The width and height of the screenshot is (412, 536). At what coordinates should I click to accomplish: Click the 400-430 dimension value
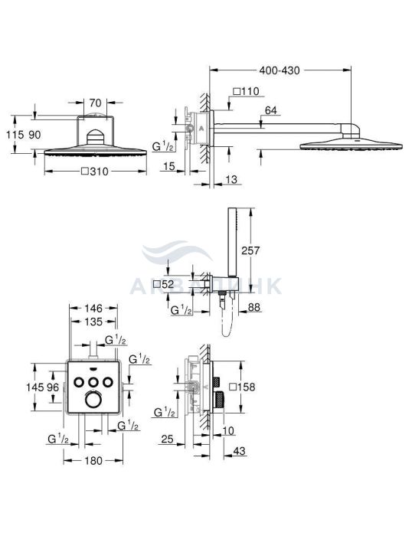tap(279, 70)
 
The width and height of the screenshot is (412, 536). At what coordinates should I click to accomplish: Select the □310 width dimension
tap(95, 172)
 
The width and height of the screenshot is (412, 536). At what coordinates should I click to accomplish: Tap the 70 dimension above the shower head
tap(95, 102)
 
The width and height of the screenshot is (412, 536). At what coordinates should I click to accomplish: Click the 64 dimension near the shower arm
tap(271, 110)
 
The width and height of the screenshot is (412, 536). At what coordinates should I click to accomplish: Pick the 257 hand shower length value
tap(250, 250)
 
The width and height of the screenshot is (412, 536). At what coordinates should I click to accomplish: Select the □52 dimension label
tap(163, 284)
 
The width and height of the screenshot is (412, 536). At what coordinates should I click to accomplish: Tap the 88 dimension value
tap(253, 307)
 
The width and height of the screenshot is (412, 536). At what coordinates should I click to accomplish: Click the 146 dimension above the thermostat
tap(93, 309)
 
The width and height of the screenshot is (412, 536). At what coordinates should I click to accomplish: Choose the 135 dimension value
tap(93, 322)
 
